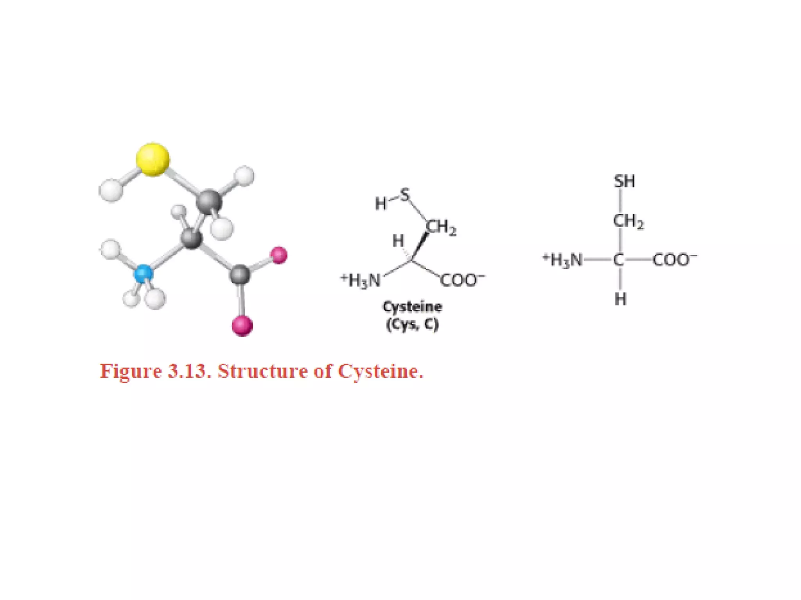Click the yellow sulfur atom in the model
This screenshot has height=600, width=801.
(153, 159)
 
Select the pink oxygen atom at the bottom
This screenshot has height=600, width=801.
(242, 326)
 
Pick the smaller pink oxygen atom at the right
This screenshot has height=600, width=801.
(279, 255)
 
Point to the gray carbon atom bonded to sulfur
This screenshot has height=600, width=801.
(208, 202)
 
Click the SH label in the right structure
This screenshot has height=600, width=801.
(624, 181)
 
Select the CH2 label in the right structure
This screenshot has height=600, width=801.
(628, 221)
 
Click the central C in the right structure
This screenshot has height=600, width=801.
(618, 259)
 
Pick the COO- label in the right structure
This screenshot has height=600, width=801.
(674, 259)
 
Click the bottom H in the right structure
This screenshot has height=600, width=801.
(620, 299)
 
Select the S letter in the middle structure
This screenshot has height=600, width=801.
(405, 194)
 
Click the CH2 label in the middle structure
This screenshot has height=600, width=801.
(441, 228)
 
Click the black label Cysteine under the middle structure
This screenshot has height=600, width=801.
(412, 307)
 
